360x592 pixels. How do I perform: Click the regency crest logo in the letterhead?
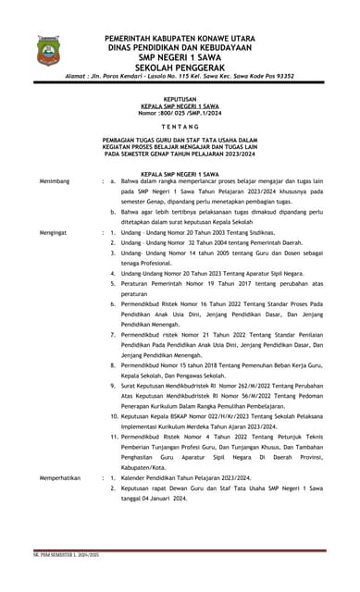click(x=45, y=48)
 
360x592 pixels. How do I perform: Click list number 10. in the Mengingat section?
click(x=111, y=417)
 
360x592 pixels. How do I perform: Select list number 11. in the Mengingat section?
click(x=111, y=437)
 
